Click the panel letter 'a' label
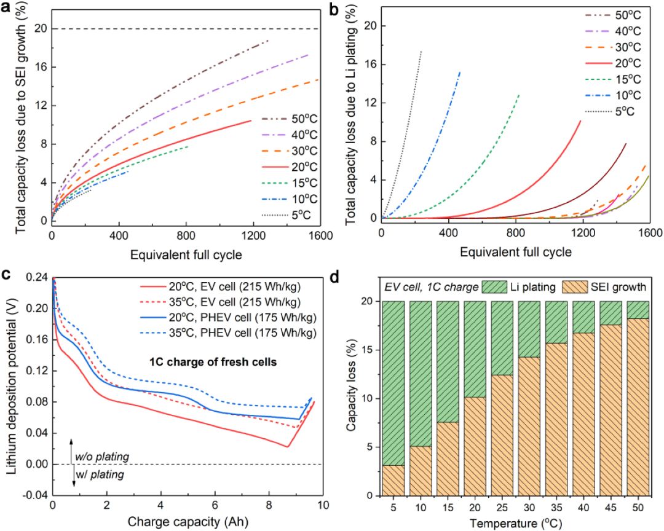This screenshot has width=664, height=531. point(7,8)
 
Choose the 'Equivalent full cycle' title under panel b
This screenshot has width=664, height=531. point(515,251)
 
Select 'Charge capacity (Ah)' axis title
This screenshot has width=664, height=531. point(183,522)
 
